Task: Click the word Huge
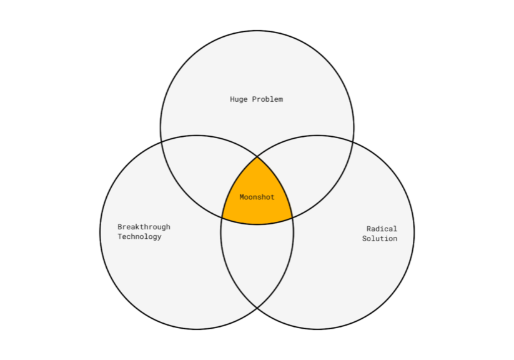tap(239, 99)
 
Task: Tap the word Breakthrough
tap(144, 227)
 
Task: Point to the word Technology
tap(139, 237)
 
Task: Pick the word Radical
tap(382, 229)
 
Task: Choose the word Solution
tap(380, 239)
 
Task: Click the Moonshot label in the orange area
tap(257, 197)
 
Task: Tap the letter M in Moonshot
tap(242, 197)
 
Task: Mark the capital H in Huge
tap(232, 99)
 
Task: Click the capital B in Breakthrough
tap(120, 227)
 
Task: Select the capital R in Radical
tap(368, 229)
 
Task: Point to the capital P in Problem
tap(254, 99)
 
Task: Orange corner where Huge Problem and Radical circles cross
tap(292, 217)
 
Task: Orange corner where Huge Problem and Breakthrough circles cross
tap(222, 217)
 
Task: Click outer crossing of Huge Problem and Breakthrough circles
tap(161, 141)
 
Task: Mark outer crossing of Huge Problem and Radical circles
tap(353, 141)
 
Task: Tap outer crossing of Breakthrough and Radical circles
tap(257, 308)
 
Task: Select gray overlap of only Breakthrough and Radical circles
tap(257, 262)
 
